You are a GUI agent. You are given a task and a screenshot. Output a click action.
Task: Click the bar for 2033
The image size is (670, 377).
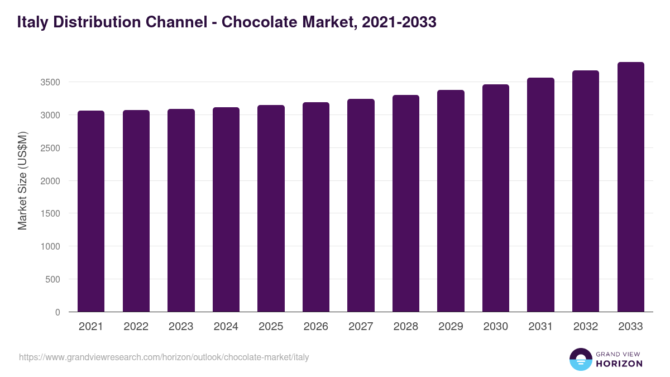click(630, 187)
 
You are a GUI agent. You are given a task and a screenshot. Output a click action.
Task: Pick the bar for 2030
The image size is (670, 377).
click(496, 198)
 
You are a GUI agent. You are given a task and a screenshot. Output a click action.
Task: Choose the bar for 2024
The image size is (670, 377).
click(226, 209)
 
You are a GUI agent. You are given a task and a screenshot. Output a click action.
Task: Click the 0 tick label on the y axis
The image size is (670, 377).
click(57, 312)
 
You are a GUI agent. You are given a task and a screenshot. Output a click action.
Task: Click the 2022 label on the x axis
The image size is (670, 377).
click(136, 327)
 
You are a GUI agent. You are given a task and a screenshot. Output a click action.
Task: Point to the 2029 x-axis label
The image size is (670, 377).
click(451, 327)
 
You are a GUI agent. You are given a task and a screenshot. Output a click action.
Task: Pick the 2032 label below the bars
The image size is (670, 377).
click(586, 327)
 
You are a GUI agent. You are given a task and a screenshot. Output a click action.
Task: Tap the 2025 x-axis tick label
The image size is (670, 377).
click(271, 327)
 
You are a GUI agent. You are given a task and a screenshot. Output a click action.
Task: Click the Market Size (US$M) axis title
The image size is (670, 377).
click(22, 180)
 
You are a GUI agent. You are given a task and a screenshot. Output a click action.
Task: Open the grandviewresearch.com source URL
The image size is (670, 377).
click(164, 357)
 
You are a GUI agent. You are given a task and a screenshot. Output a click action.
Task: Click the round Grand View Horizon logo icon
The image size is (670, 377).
click(580, 360)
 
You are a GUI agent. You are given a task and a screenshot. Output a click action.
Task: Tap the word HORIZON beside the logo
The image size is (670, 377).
click(619, 364)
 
